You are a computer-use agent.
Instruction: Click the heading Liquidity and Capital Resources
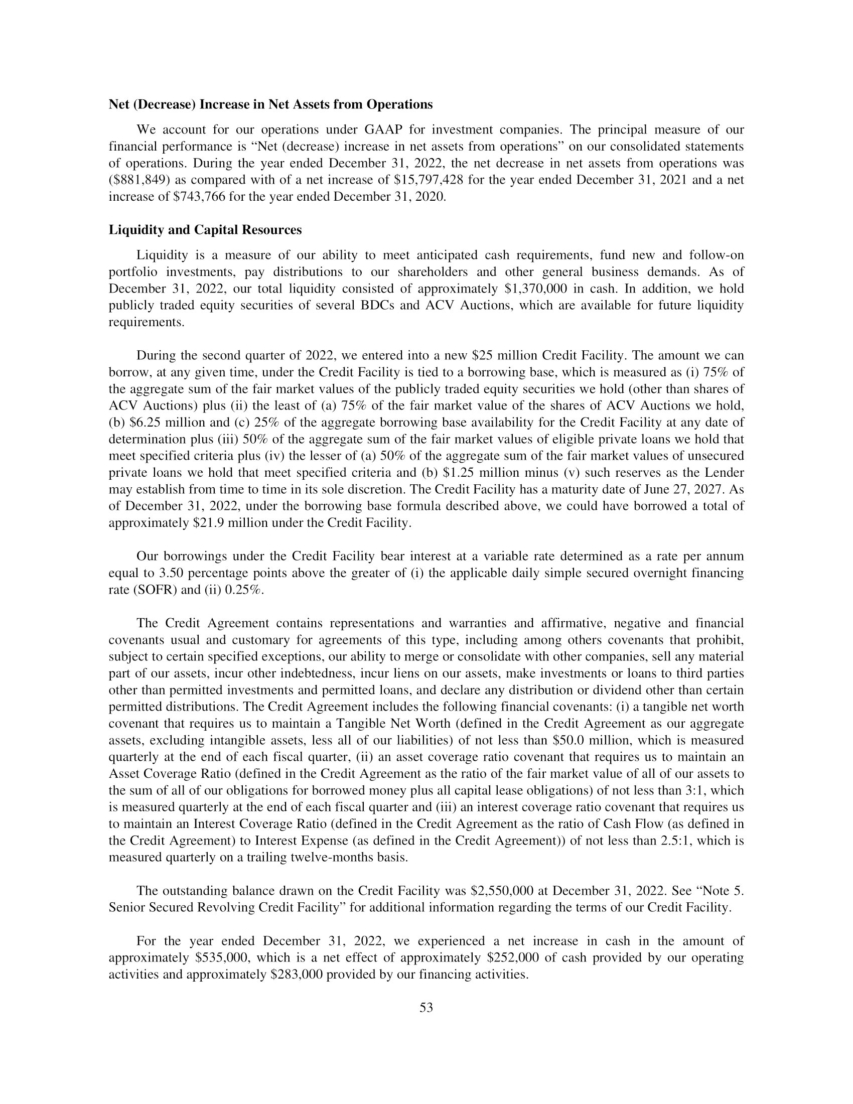(205, 230)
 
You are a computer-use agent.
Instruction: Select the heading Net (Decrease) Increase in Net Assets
(270, 105)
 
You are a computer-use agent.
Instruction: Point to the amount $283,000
(296, 974)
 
